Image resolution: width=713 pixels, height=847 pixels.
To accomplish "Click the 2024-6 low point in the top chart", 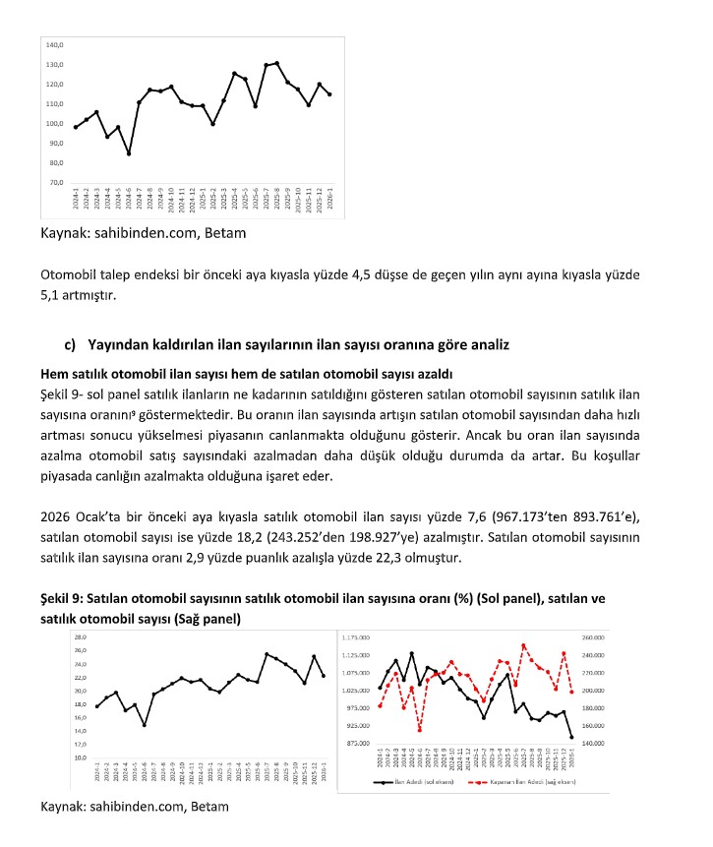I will pos(129,153).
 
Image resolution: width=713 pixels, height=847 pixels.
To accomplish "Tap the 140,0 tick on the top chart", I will pos(55,45).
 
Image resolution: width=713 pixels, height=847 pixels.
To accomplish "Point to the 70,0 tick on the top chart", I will pos(55,183).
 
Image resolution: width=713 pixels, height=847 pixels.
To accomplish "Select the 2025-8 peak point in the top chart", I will pos(277,63).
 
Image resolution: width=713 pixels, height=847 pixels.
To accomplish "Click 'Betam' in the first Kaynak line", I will pos(224,234).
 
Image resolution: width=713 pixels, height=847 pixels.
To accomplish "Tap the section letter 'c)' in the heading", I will pos(71,344).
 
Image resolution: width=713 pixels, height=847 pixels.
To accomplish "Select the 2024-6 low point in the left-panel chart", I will pos(145,725).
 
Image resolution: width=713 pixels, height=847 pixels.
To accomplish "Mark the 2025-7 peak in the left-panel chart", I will pos(267,654).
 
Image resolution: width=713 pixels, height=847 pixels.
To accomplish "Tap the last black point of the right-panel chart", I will pos(654,737).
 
